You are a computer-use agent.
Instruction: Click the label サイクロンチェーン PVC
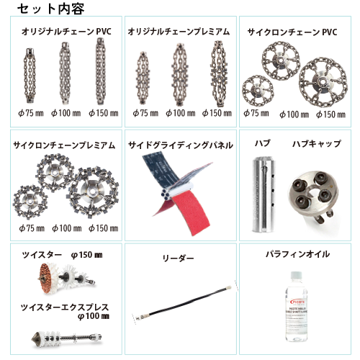292,32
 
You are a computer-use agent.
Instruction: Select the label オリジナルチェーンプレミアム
179,32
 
